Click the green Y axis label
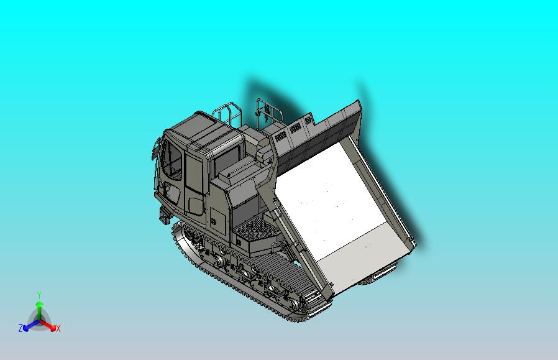tap(39, 295)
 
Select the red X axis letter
tap(58, 328)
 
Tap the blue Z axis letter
tap(21, 328)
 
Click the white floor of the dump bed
tap(336, 199)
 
